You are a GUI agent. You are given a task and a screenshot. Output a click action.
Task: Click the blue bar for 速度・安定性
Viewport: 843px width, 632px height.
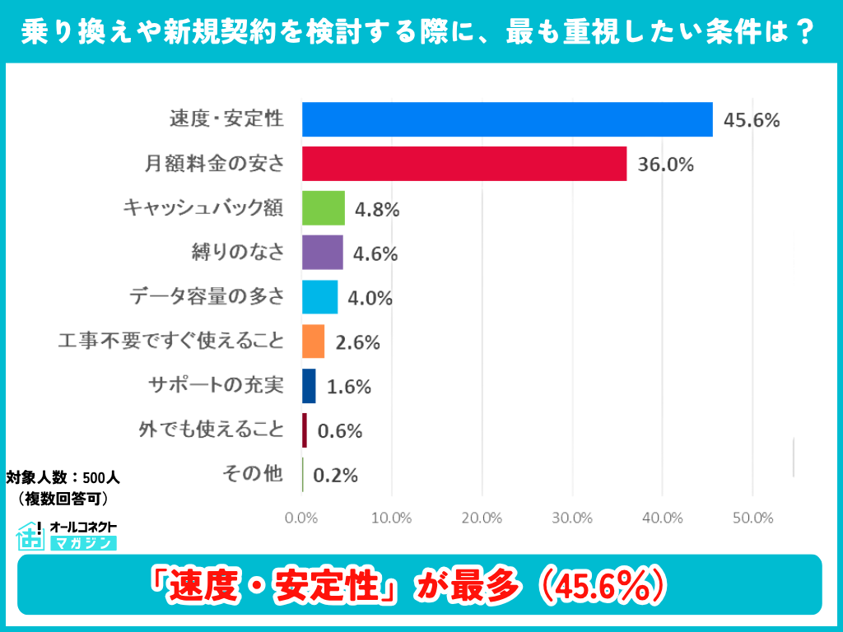[507, 119]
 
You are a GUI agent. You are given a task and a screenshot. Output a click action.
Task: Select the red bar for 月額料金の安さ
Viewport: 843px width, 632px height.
[464, 164]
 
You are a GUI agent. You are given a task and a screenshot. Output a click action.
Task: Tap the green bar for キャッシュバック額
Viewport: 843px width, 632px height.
[324, 208]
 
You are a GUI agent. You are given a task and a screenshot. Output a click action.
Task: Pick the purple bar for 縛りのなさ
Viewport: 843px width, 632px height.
[323, 253]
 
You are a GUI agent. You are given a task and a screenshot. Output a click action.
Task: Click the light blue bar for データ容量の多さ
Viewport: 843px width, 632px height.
[320, 297]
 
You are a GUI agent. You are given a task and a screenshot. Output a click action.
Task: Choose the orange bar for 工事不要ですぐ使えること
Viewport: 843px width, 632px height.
[314, 342]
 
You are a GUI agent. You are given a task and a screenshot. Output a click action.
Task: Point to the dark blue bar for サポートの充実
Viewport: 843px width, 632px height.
[310, 386]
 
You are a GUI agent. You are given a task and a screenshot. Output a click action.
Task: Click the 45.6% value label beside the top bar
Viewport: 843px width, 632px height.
[751, 120]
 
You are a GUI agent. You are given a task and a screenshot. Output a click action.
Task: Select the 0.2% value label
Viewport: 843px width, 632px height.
[336, 476]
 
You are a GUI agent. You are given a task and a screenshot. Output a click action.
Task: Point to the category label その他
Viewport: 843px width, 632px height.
[253, 474]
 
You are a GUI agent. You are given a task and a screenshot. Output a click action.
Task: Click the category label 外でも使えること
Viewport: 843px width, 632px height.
[212, 430]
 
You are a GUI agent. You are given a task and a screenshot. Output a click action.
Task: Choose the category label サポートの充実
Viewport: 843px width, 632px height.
[216, 385]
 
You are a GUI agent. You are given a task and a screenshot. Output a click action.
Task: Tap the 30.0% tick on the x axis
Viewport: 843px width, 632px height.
[572, 518]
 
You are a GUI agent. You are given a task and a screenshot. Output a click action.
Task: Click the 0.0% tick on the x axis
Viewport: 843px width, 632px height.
[301, 518]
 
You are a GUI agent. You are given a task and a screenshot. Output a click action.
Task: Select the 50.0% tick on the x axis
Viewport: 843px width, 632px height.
[752, 518]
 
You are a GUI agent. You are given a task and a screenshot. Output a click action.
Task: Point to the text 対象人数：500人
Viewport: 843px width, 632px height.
[63, 477]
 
